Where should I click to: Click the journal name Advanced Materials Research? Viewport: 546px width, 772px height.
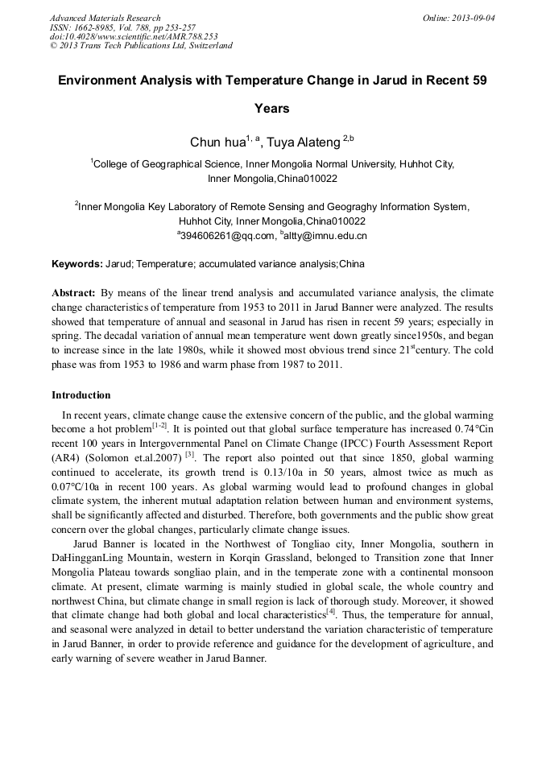(105, 18)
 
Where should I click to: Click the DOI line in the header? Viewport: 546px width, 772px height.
(134, 36)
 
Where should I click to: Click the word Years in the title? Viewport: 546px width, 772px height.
(272, 108)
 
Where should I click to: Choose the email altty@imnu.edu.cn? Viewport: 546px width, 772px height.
(325, 236)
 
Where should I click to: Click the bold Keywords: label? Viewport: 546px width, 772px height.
(77, 264)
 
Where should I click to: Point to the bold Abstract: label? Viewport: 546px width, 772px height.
(73, 293)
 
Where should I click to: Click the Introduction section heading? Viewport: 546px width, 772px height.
(81, 395)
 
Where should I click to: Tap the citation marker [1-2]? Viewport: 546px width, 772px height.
(159, 426)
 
